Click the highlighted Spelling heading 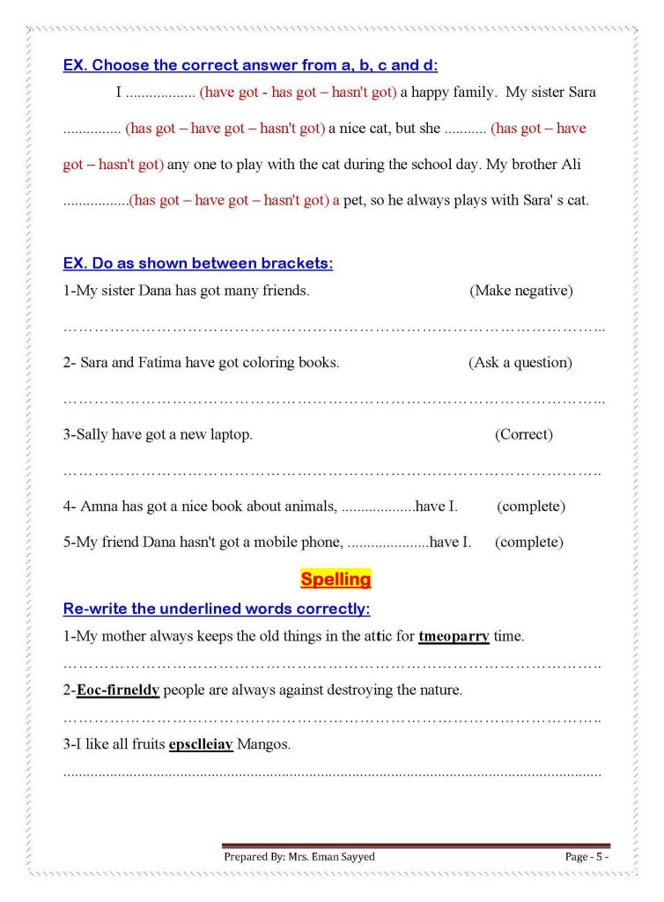[336, 580]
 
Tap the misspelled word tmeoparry [454, 635]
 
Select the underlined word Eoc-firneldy [117, 690]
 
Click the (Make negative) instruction [521, 291]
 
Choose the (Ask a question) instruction [520, 362]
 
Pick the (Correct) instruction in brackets [524, 434]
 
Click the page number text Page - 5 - [587, 856]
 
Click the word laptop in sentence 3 [230, 434]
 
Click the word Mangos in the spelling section [263, 744]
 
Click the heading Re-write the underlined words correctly [217, 609]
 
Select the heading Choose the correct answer [250, 65]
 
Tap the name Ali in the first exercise [571, 165]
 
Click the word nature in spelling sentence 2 [439, 690]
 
